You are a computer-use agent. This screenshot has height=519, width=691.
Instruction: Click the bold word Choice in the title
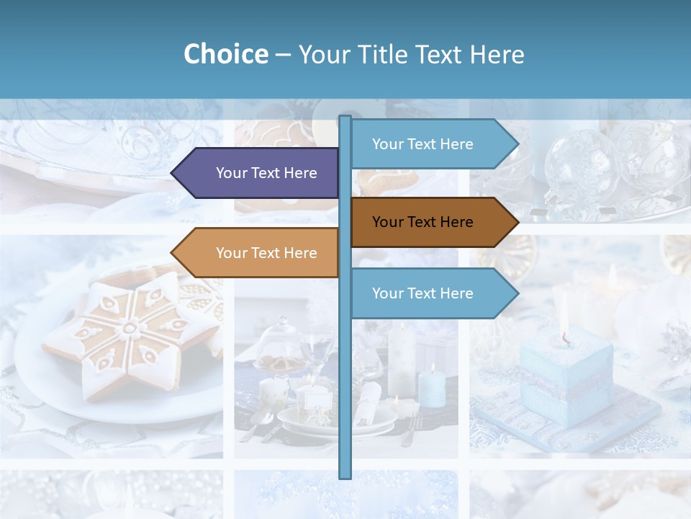coord(225,54)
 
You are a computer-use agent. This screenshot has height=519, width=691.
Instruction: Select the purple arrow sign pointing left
coord(259,173)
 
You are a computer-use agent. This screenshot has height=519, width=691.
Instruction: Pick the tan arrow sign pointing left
coord(259,253)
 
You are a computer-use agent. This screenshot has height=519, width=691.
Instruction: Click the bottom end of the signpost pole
coord(345,476)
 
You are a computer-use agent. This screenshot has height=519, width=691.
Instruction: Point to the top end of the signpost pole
coord(345,118)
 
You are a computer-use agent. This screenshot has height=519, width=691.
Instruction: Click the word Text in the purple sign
coord(266,173)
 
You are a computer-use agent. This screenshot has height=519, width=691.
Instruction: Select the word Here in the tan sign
coord(300,253)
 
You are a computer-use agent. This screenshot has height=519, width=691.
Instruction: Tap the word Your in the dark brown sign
coord(388,222)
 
